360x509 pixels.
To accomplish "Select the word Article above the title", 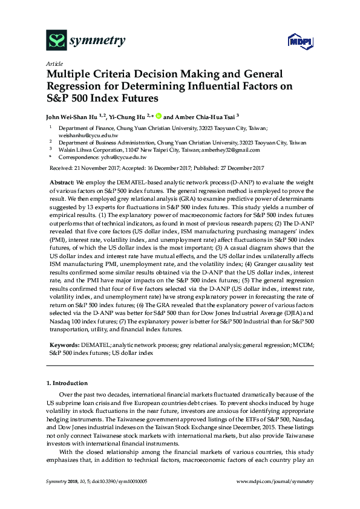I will coord(54,63).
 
